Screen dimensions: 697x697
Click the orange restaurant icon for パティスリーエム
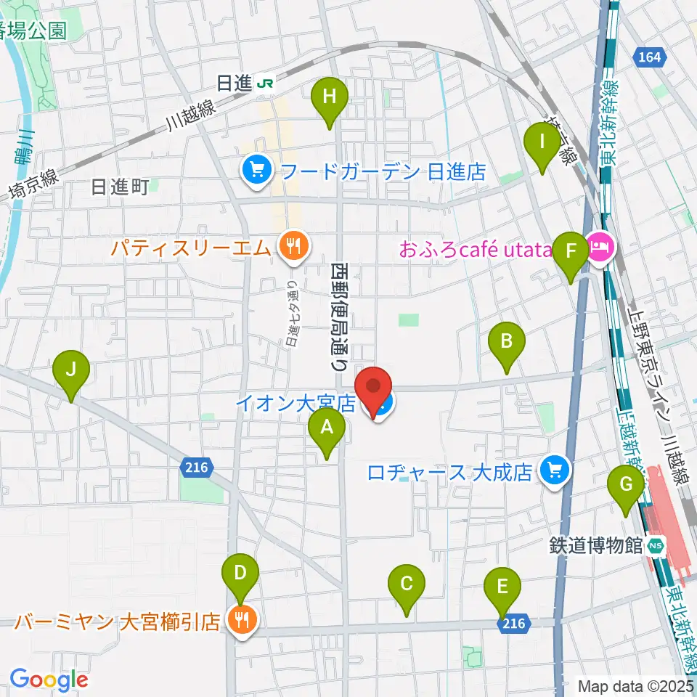[291, 248]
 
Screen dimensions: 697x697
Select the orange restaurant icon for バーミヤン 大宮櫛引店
[239, 619]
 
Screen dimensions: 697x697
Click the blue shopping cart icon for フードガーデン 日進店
[256, 171]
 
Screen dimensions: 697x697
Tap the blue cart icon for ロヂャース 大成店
[555, 473]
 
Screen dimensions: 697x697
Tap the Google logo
[49, 680]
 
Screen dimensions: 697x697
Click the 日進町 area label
[120, 188]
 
